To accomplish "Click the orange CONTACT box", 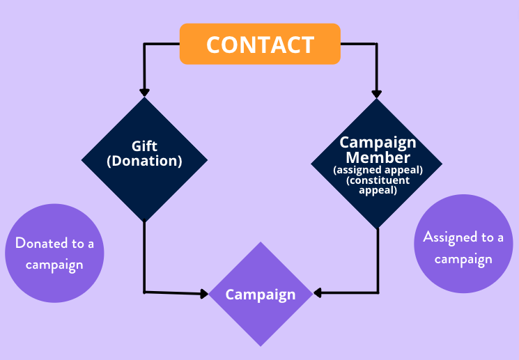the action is click(x=260, y=44).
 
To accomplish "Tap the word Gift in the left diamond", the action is click(x=144, y=146).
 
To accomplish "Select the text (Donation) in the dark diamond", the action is click(x=144, y=161).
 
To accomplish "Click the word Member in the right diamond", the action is click(x=378, y=157).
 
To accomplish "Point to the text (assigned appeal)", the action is click(x=378, y=170).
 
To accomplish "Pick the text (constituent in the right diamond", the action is click(x=378, y=180).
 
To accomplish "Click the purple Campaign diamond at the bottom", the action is click(x=261, y=294).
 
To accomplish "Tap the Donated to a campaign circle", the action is click(x=54, y=253).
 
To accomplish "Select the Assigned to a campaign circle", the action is click(x=463, y=244).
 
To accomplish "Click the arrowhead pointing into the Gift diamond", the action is click(x=144, y=93).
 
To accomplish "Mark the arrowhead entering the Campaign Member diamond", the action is click(x=376, y=94).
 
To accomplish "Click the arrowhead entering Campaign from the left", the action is click(x=204, y=293).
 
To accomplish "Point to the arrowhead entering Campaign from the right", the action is click(x=318, y=293).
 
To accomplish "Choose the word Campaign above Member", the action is click(x=378, y=143).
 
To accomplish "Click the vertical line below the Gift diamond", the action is click(x=144, y=256).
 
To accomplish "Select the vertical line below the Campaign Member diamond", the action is click(x=378, y=260).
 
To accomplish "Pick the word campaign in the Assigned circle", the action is click(x=463, y=259).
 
